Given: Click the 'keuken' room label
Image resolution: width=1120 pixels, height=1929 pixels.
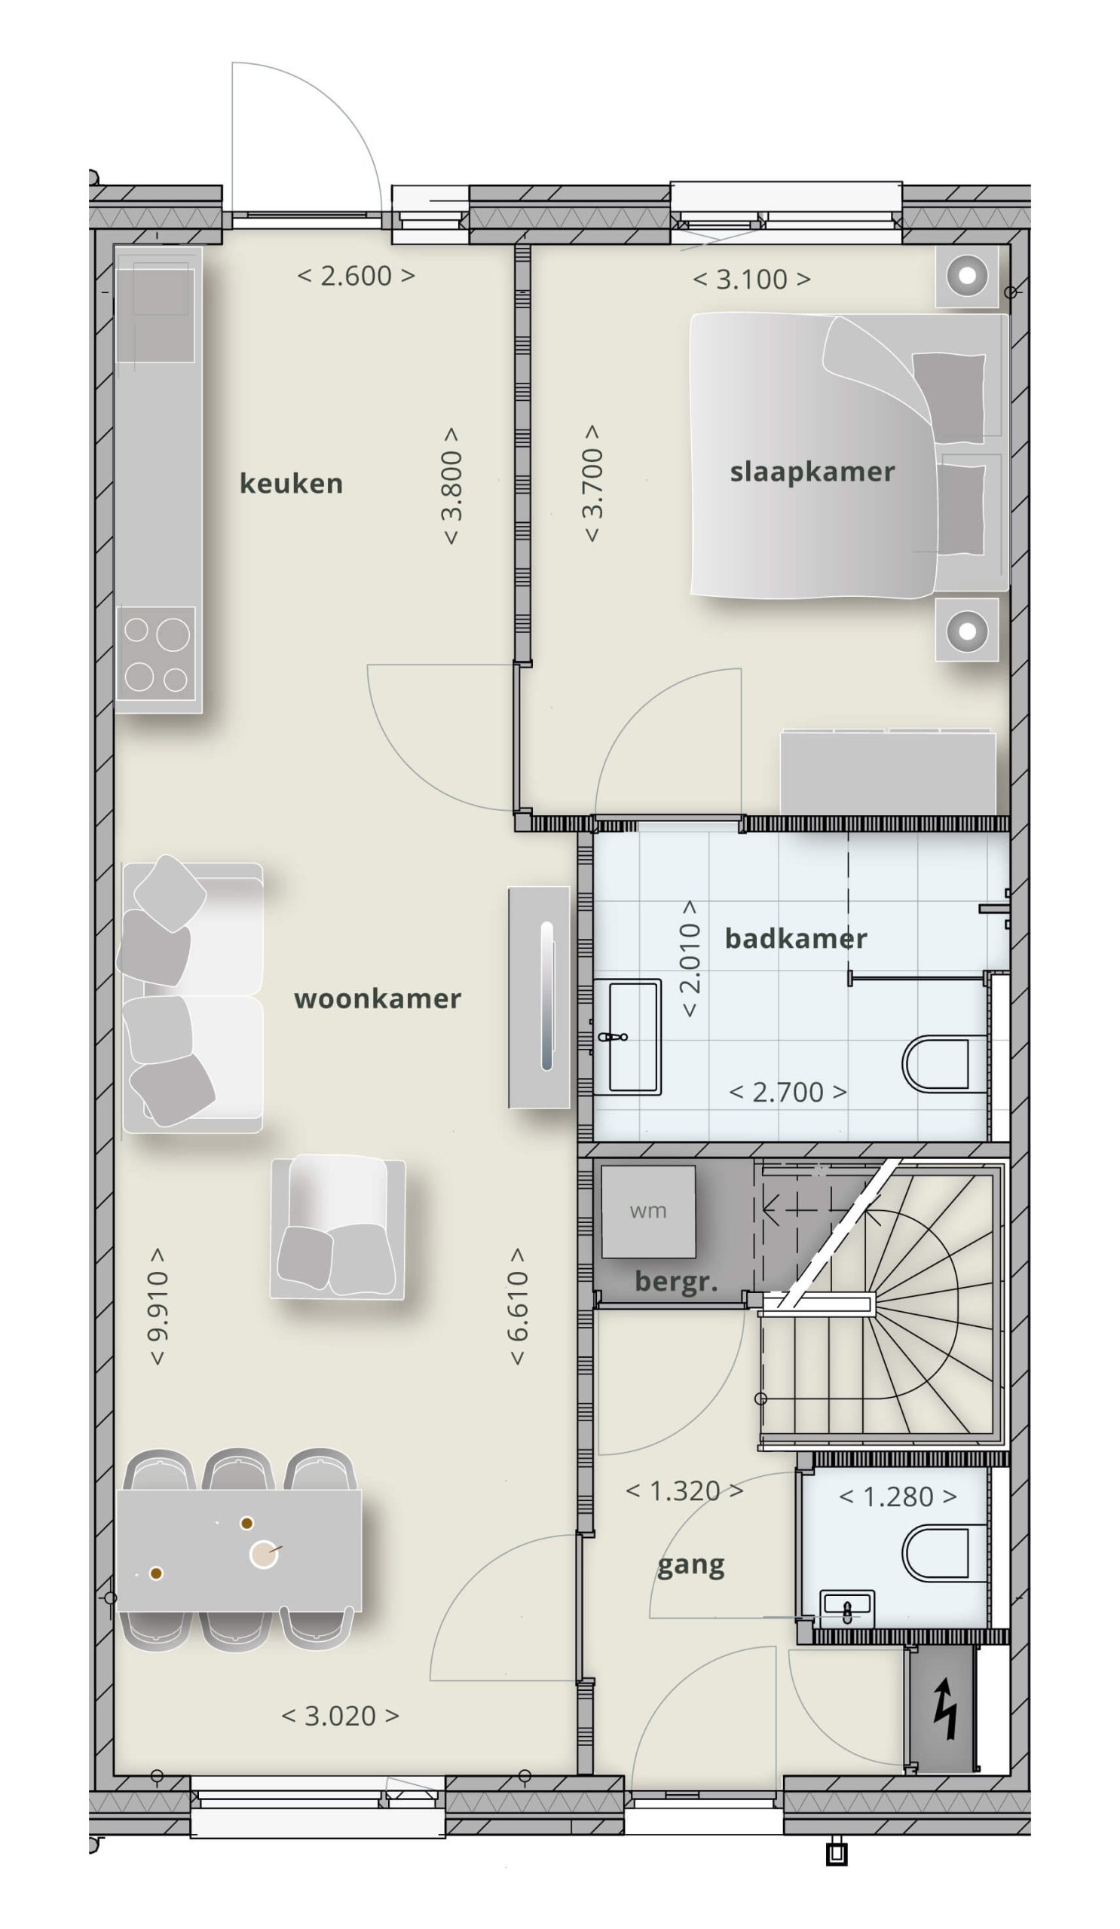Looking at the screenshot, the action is [291, 484].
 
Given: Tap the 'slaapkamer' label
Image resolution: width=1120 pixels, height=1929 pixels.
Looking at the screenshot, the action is [812, 472].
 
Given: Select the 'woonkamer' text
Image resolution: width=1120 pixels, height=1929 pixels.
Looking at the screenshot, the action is [378, 999].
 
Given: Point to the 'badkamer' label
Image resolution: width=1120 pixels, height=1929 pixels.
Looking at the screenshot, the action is [796, 938].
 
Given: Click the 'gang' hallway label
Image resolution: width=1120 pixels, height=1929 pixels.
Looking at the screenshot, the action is [690, 1566].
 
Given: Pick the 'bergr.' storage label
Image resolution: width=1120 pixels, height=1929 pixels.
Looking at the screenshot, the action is [677, 1281].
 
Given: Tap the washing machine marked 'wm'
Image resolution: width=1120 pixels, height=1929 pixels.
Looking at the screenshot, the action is [648, 1212].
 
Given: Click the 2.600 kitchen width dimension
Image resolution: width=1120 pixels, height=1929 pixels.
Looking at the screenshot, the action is [356, 276].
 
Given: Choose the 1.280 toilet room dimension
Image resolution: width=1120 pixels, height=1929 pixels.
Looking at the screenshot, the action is [898, 1497].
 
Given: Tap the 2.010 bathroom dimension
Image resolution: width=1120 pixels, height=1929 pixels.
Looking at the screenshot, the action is [690, 958].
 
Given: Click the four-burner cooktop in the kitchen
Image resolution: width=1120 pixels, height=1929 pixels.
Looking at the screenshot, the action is [157, 655].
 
